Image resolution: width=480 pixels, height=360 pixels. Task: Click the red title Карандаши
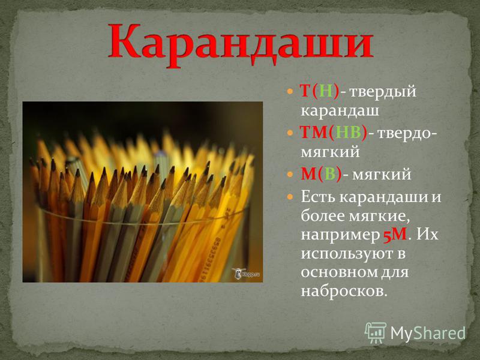241,43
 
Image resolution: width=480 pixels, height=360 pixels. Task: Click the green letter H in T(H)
326,91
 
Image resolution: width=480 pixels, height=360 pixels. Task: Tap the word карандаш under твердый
340,110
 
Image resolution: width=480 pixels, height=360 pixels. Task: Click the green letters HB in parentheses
348,133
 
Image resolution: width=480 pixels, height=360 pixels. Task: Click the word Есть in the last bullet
319,197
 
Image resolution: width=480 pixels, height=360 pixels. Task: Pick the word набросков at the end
344,291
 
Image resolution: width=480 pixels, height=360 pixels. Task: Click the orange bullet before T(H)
290,91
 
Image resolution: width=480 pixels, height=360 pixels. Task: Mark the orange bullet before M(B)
290,175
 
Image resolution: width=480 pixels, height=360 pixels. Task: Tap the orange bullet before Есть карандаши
290,197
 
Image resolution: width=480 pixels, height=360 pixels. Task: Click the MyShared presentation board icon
376,333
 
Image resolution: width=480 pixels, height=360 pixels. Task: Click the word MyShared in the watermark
428,333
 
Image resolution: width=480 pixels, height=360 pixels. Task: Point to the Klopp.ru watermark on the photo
246,274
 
